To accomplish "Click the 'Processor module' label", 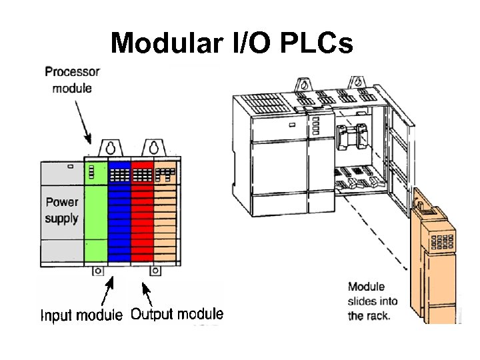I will [x=73, y=79].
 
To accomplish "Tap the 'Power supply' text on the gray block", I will [x=61, y=209].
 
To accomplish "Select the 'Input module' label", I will [x=81, y=315].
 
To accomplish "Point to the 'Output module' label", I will [x=177, y=314].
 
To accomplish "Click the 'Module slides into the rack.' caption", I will [x=372, y=301].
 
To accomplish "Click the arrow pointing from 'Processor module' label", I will [x=84, y=124].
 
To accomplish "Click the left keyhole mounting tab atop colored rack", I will [x=109, y=148].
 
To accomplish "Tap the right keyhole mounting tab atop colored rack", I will [x=153, y=148].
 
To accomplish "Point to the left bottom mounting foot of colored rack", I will [x=97, y=271].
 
